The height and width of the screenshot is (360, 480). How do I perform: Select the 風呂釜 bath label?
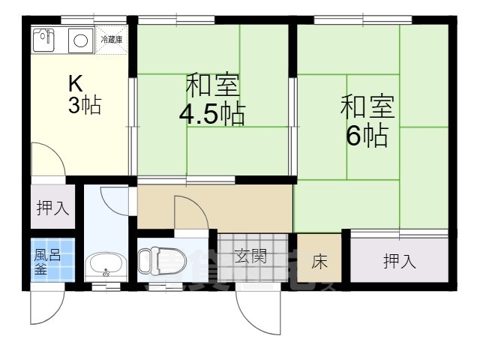[43, 262]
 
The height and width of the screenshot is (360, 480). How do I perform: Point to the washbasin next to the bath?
[106, 265]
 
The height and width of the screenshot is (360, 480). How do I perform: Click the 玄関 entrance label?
[251, 256]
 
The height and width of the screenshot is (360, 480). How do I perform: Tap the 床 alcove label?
[319, 262]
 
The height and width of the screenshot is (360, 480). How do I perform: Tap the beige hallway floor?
[247, 208]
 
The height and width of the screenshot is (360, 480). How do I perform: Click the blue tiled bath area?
[52, 259]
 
